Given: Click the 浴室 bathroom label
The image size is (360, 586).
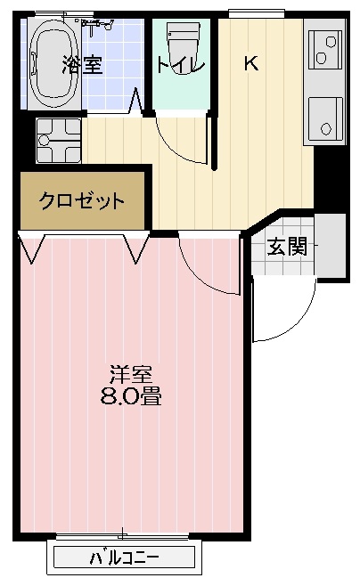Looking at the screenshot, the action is coord(82,64).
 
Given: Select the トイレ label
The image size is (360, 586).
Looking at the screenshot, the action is coord(180,65).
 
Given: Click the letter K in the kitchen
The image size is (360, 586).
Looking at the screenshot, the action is coord(251,63).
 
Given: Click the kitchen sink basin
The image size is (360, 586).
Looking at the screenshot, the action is coord(325,118).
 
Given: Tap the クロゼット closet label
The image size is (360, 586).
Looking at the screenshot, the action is coord(82,200).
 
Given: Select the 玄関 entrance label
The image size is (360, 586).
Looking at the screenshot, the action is coord(287,247).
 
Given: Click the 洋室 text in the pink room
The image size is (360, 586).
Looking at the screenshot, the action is coord(131,374).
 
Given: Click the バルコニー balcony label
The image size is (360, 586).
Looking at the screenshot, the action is coord(125,558).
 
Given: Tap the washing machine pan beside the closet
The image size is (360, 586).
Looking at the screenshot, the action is coord(59,141).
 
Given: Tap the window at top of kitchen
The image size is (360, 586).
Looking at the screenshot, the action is coord(257,14).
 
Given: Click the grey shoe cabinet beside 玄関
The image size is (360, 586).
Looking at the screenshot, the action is coord(330,246).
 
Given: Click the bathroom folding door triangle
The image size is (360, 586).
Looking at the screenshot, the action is coord(135,101).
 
